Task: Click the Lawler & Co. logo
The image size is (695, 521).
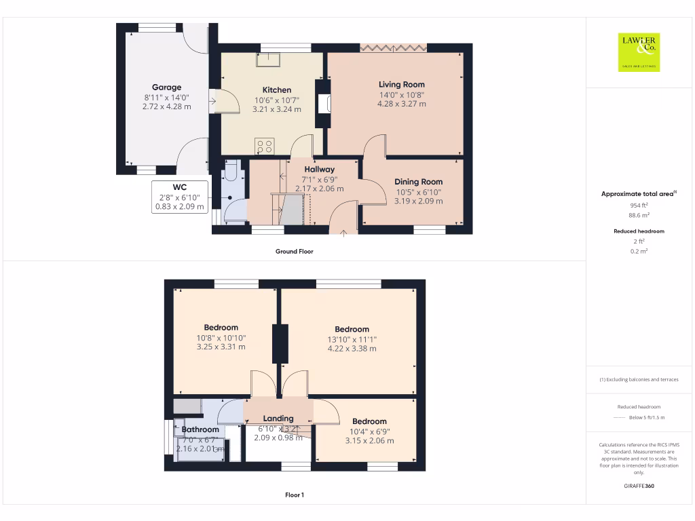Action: pos(639,52)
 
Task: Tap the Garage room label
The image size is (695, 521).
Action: pos(166,88)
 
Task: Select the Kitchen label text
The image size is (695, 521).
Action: pos(277,90)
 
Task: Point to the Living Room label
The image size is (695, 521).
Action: pos(402,85)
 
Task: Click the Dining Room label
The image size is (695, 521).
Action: pos(419,182)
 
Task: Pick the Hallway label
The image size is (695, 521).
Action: pos(319,170)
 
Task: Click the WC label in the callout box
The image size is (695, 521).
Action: pos(180,187)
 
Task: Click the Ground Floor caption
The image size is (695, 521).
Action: pos(294,252)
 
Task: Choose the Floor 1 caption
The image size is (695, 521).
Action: pos(294,495)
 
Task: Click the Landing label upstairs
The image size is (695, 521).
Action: pos(278,419)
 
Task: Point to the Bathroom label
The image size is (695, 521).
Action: pos(200,429)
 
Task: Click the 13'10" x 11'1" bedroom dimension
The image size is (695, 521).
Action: pos(352,339)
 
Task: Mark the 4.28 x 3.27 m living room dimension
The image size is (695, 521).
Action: pos(402,104)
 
